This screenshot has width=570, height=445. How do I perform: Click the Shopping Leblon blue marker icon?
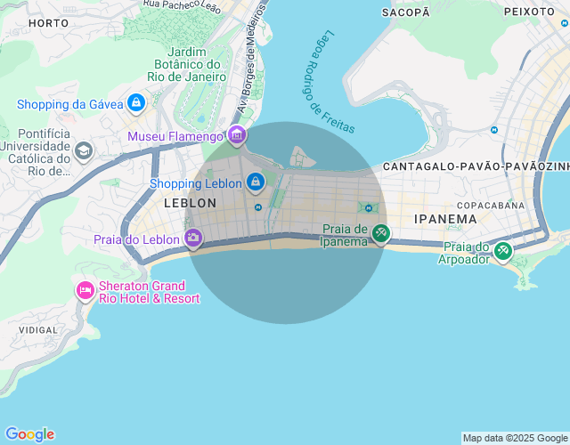point(256,182)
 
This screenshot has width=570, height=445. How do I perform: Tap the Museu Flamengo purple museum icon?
point(237,135)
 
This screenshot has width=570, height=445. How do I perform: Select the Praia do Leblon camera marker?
point(193,238)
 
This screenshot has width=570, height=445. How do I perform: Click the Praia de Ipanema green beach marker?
point(380,233)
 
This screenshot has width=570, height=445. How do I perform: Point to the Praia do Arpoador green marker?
point(503,251)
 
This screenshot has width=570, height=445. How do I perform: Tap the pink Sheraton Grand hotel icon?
point(85,290)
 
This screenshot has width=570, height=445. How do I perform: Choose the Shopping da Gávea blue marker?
point(136,103)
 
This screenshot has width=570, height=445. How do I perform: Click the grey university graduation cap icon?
point(84,150)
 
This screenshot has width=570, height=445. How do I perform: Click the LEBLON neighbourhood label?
point(190,203)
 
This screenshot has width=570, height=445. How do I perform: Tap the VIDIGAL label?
point(37,329)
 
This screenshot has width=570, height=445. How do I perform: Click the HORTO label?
point(48,22)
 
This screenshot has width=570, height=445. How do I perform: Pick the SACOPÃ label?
point(405,12)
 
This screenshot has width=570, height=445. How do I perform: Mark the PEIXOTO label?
point(529,12)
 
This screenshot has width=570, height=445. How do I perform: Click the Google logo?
point(29,434)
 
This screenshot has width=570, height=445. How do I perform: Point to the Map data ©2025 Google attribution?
point(515,438)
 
